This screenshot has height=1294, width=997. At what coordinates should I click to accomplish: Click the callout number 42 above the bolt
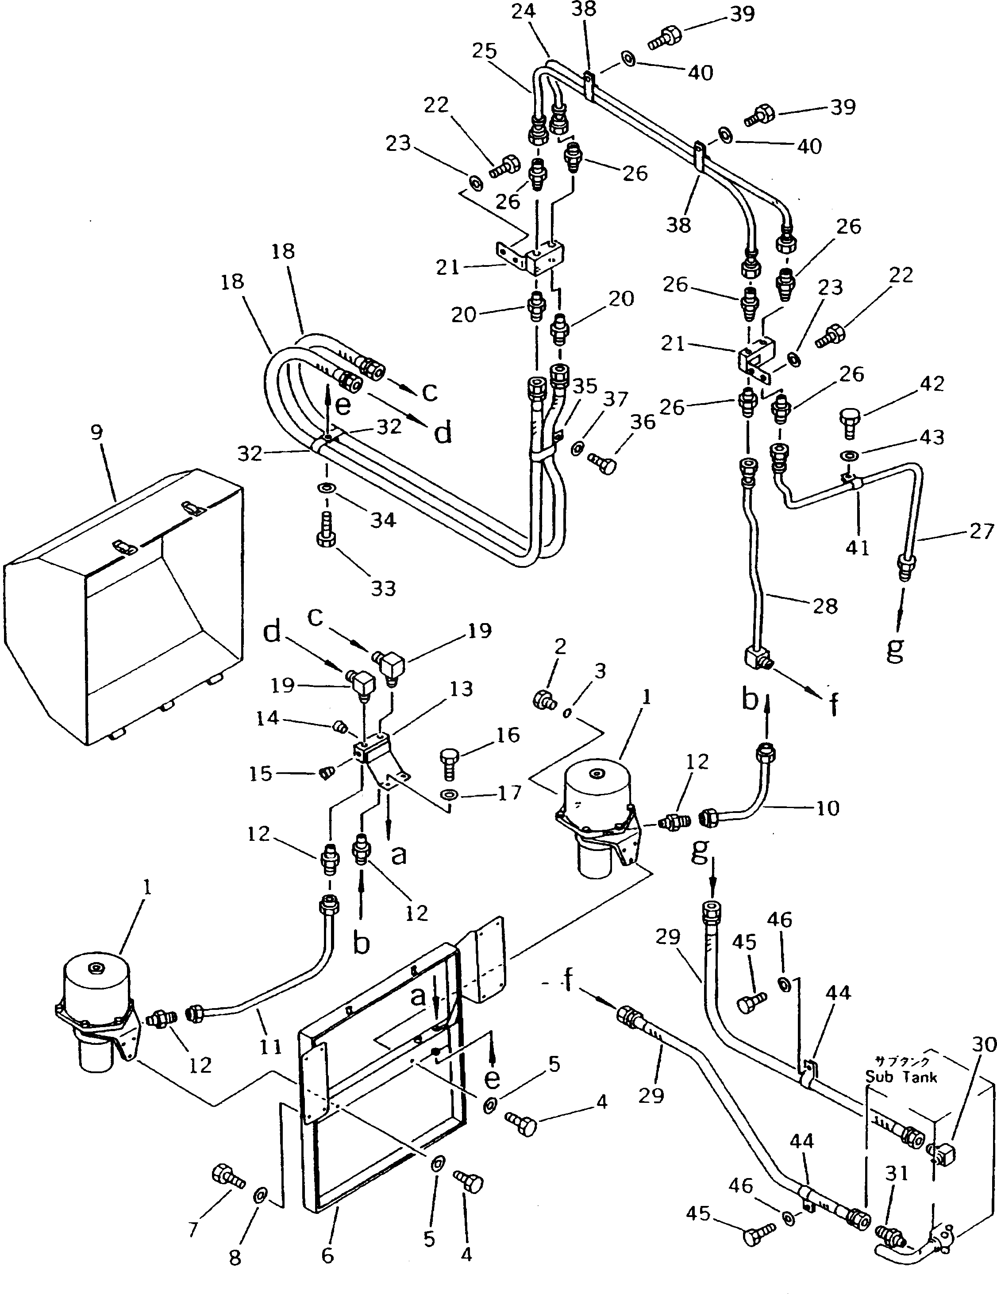pos(932,384)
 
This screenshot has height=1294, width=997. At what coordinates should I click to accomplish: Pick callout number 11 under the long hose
pos(271,1047)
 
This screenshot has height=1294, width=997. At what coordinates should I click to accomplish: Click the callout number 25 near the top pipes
pos(484,51)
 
